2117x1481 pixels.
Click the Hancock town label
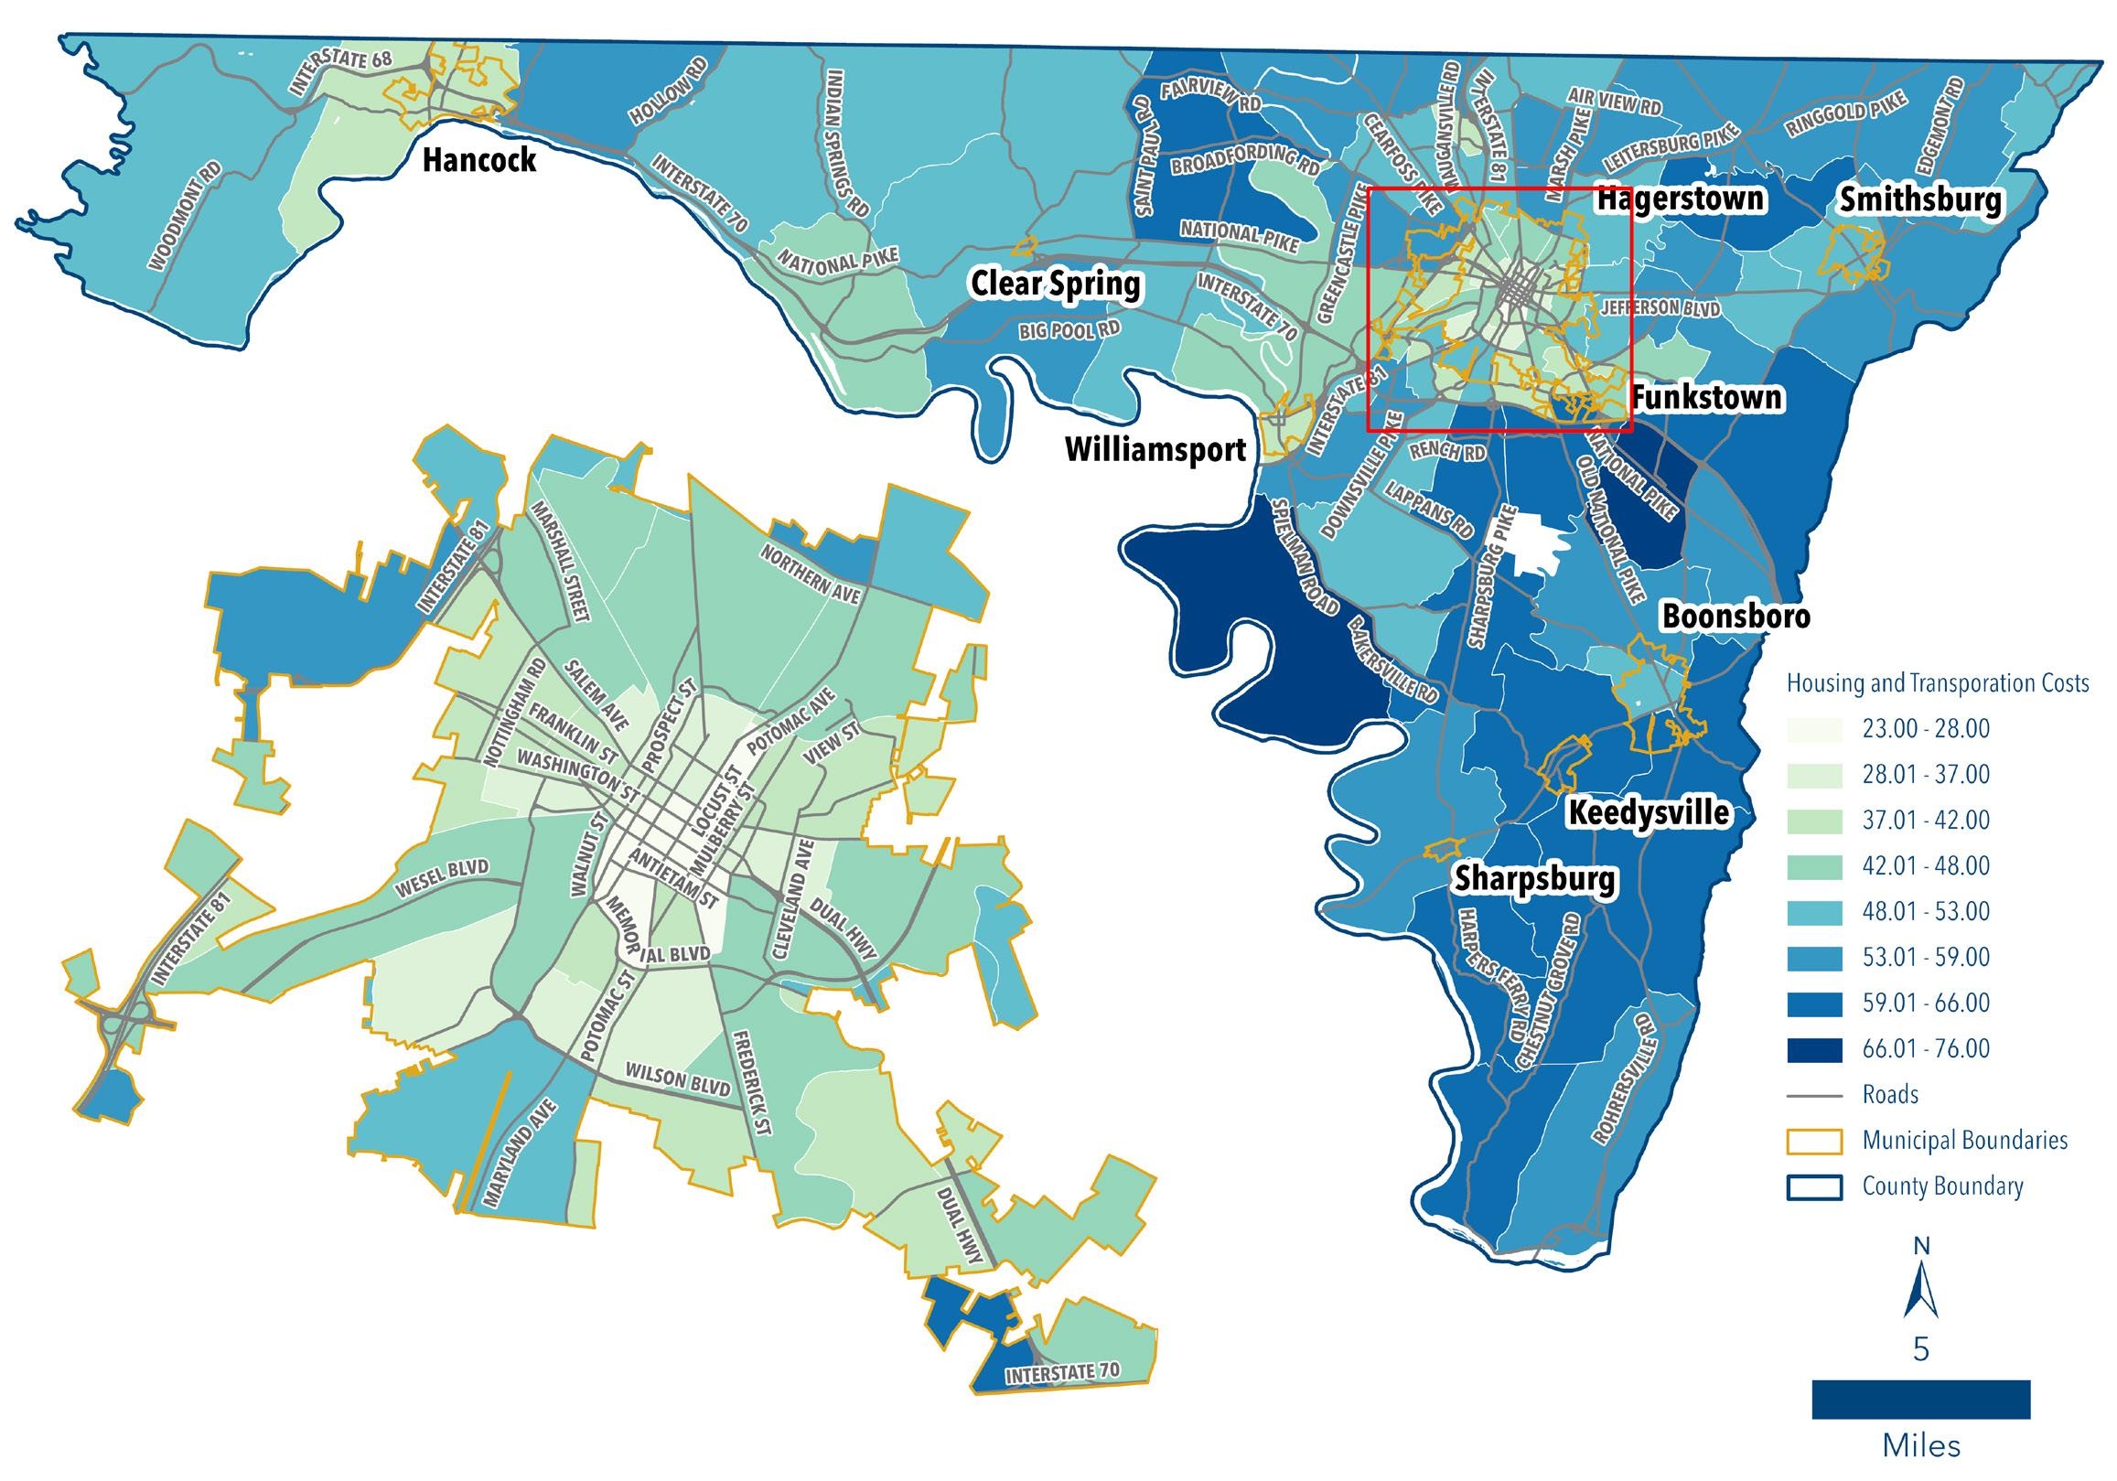click(x=478, y=159)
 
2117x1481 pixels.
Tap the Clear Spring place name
click(x=1056, y=284)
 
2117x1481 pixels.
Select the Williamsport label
click(x=1155, y=450)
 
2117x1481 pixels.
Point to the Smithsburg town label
click(x=1921, y=200)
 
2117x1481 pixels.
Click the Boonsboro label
click(x=1736, y=616)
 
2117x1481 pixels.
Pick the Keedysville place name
click(x=1649, y=812)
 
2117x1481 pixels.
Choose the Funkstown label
click(x=1707, y=397)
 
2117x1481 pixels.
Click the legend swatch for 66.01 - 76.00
click(x=1813, y=1048)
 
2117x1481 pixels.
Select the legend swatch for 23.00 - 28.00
click(x=1813, y=729)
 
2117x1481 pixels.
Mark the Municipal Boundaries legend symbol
click(x=1813, y=1141)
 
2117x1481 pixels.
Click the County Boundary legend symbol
click(x=1813, y=1186)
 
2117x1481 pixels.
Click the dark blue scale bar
click(x=1920, y=1399)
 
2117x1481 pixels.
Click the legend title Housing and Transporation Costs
click(x=1937, y=683)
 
